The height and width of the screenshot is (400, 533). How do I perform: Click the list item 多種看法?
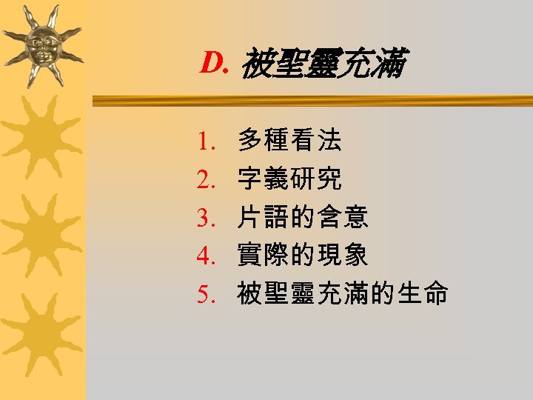[x=289, y=139]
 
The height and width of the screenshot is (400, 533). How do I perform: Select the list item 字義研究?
[x=289, y=178]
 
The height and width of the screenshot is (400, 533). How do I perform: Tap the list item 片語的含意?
[x=302, y=217]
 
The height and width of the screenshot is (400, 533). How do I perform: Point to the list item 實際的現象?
[x=302, y=256]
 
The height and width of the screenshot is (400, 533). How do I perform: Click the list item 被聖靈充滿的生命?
[x=342, y=294]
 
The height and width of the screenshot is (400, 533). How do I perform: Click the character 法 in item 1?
[x=330, y=139]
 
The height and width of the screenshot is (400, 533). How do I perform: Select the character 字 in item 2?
[x=249, y=178]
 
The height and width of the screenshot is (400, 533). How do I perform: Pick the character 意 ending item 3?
[x=357, y=217]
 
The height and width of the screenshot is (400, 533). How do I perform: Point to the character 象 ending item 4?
[x=357, y=256]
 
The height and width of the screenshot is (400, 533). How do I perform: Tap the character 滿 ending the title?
[x=390, y=65]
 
